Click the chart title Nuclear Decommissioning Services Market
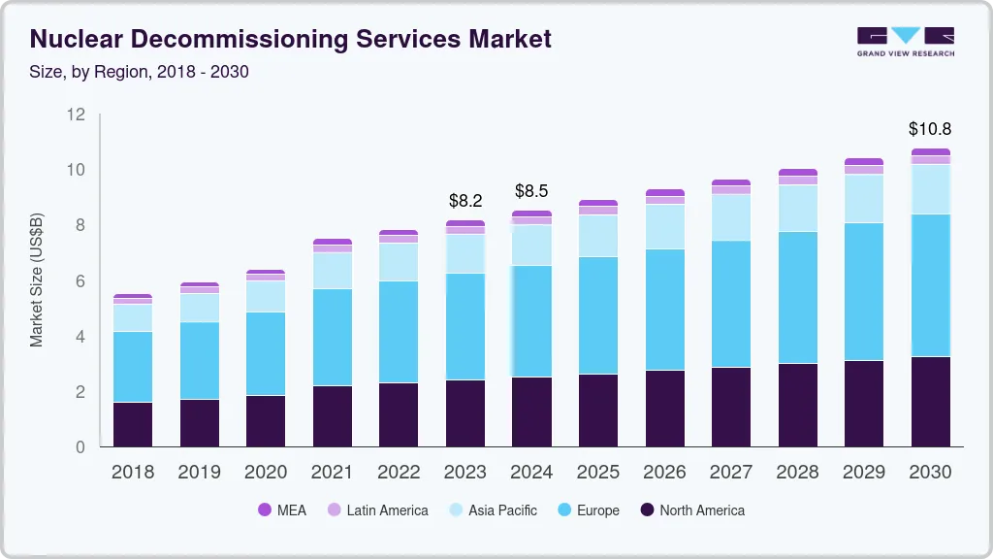click(291, 39)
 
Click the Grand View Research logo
click(905, 41)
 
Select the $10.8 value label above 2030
click(929, 128)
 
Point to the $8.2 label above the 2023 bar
click(465, 201)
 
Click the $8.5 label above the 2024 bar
click(531, 191)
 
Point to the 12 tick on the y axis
click(77, 115)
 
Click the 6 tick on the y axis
click(80, 281)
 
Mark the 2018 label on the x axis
click(133, 472)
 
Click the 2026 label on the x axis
click(664, 472)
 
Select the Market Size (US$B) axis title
click(37, 281)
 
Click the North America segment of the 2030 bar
click(930, 401)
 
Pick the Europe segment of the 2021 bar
click(333, 337)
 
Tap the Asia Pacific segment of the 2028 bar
click(797, 208)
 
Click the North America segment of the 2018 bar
click(133, 424)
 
